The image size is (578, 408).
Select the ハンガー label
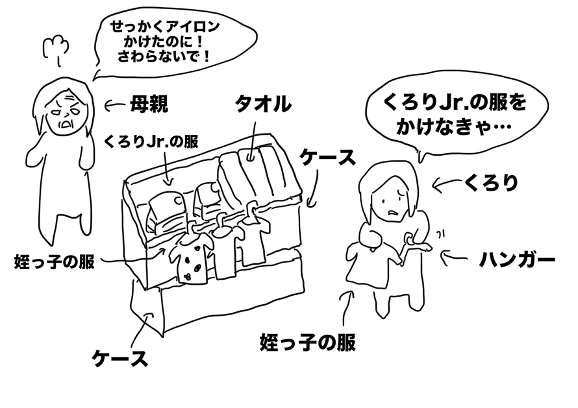click(x=517, y=261)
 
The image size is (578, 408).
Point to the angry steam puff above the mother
click(x=55, y=46)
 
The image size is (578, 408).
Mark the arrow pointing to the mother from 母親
click(x=117, y=104)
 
